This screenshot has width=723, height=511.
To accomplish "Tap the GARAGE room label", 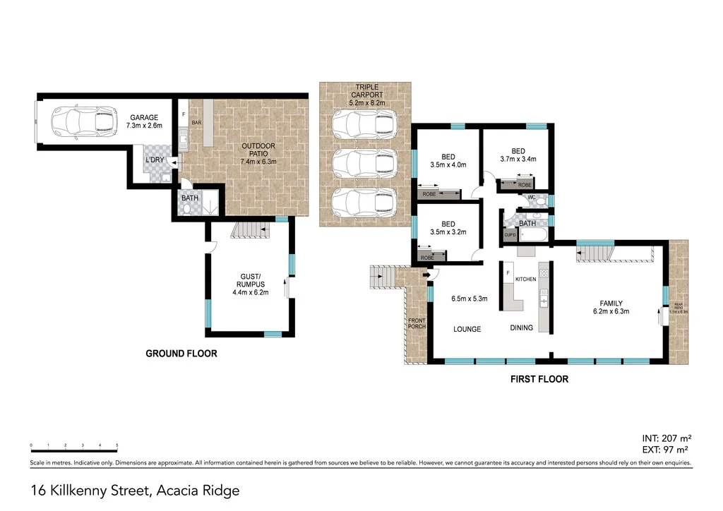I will (x=143, y=117).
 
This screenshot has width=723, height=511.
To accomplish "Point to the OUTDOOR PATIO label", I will (x=258, y=146).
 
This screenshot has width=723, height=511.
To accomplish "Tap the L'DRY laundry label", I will (x=155, y=160).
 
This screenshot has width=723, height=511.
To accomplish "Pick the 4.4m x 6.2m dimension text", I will (x=251, y=292).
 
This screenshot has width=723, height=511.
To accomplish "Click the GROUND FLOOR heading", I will (x=181, y=354).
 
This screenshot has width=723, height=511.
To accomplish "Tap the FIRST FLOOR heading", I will (x=539, y=379).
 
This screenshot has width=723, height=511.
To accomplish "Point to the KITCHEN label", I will (x=525, y=279).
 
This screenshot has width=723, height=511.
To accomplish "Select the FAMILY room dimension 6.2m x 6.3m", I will (x=611, y=311).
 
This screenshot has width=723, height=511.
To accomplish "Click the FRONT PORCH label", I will (x=417, y=324).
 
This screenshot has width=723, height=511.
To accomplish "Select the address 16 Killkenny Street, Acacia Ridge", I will (x=136, y=490).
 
